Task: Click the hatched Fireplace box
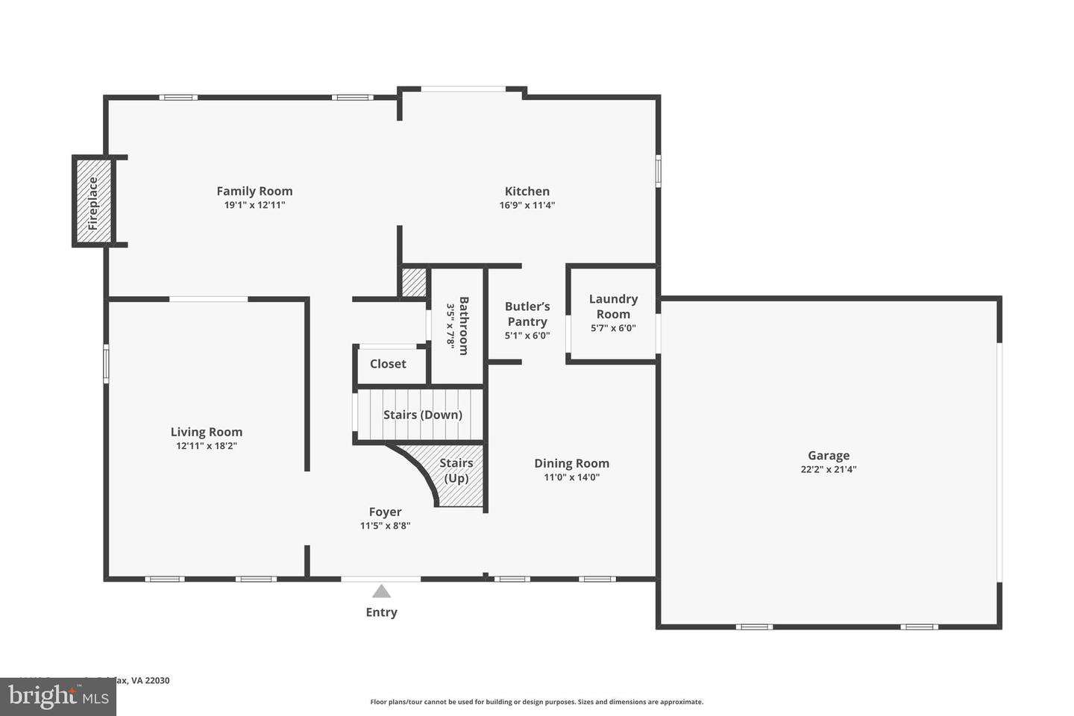point(93,201)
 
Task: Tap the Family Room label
point(254,191)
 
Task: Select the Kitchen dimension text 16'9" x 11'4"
point(527,205)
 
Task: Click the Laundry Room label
point(613,306)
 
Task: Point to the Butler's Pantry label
point(527,314)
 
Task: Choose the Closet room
point(389,364)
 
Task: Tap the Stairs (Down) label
point(422,415)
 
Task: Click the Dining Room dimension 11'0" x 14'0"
point(571,477)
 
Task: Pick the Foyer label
point(385,512)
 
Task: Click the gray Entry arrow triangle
point(381,591)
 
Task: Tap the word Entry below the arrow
point(381,612)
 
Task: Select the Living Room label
point(207,432)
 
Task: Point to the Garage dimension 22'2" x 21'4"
point(828,470)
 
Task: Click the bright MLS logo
point(57,697)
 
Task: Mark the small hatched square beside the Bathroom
point(413,282)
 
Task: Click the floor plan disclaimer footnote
point(536,702)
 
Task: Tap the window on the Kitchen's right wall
point(658,169)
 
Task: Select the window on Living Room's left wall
point(106,363)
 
